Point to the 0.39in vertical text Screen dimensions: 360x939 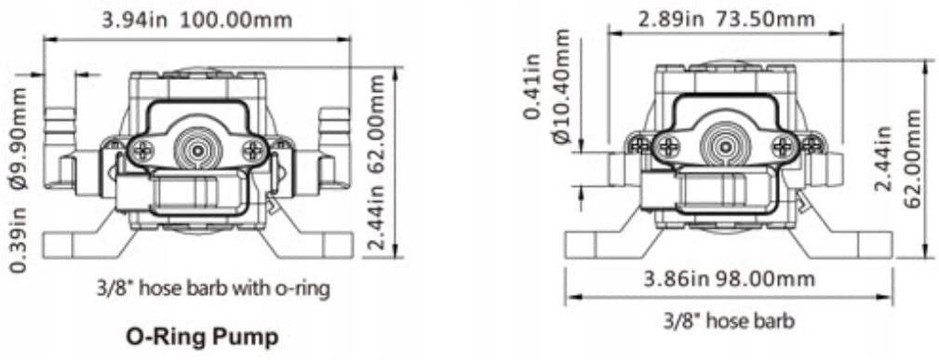20,245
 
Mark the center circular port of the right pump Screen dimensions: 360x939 725,143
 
